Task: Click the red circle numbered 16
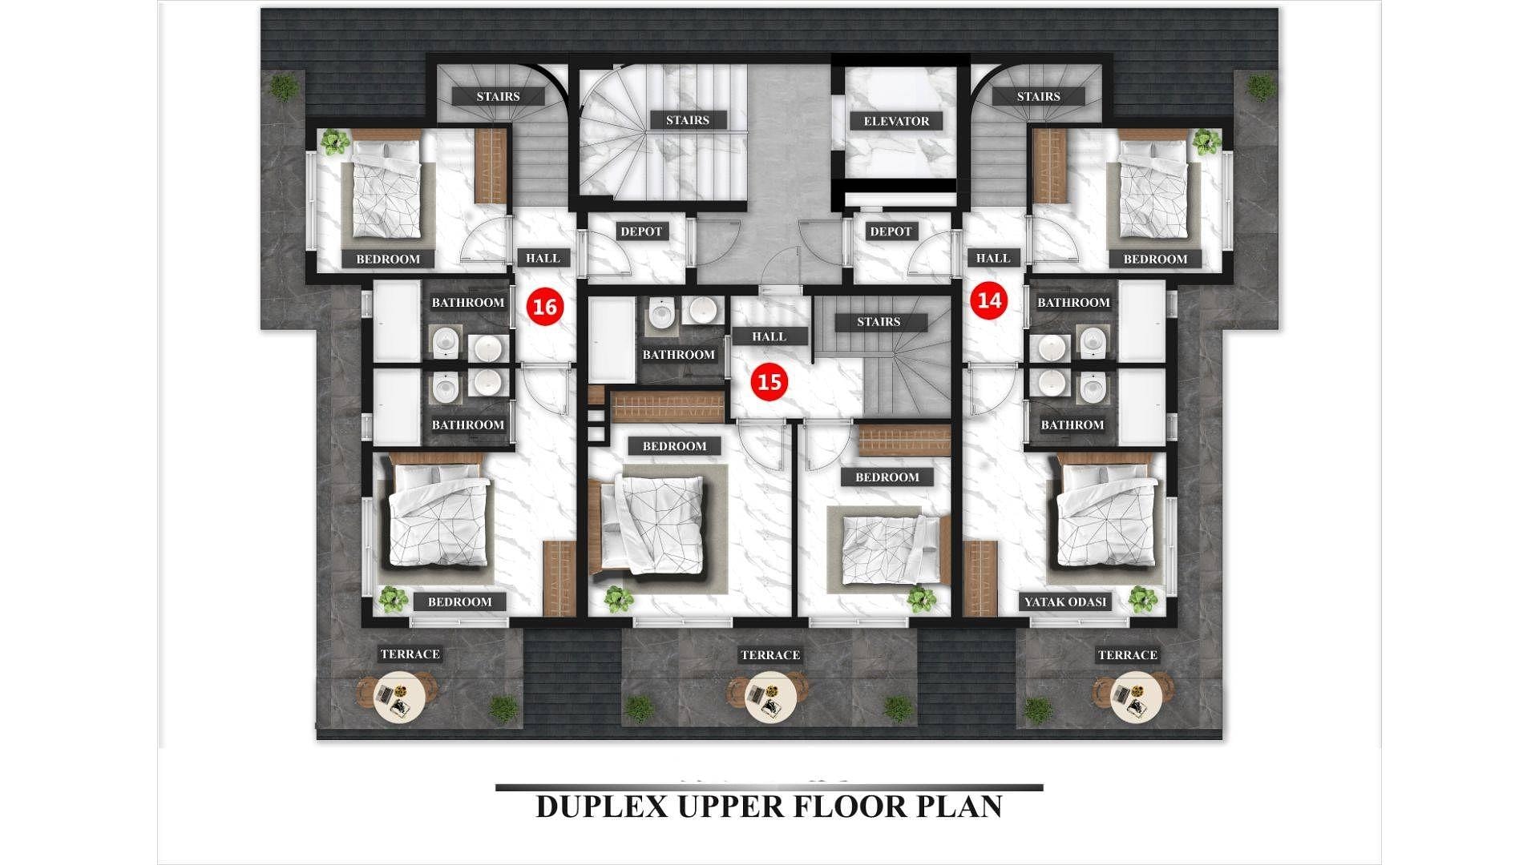coord(545,307)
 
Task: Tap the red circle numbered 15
coord(769,381)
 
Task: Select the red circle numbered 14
coord(990,301)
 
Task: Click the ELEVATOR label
coord(896,121)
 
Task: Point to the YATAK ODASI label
coord(1065,601)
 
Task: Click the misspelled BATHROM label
coord(1072,424)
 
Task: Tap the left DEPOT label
coord(641,231)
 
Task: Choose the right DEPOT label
coord(891,231)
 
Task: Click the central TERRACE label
coord(770,655)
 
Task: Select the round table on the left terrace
coord(396,698)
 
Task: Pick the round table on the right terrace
coord(1136,698)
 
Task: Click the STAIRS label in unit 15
coord(879,322)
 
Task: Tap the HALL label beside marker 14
coord(993,258)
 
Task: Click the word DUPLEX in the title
coord(602,807)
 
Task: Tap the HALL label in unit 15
coord(769,336)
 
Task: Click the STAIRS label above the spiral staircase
coord(687,120)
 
